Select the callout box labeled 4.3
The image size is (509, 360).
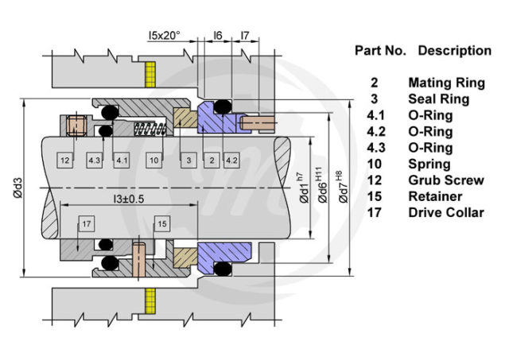coord(95,161)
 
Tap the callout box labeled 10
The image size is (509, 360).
coord(154,161)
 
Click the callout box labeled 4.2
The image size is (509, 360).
coord(232,161)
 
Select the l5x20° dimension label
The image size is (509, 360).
coord(164,36)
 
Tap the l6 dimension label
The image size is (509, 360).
coord(218,36)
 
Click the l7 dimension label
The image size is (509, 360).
coord(246,36)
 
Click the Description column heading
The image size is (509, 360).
coord(454,50)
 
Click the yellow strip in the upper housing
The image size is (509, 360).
coord(148,75)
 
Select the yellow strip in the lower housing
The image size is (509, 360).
coord(148,301)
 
